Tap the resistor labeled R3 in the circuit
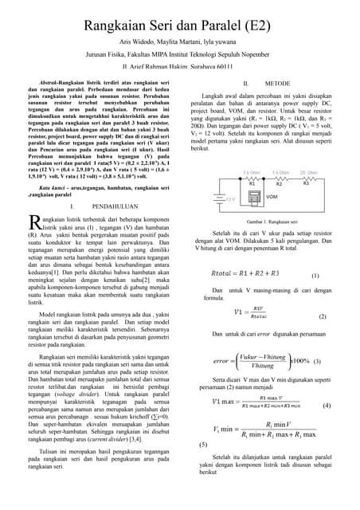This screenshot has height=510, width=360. [x=307, y=178]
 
